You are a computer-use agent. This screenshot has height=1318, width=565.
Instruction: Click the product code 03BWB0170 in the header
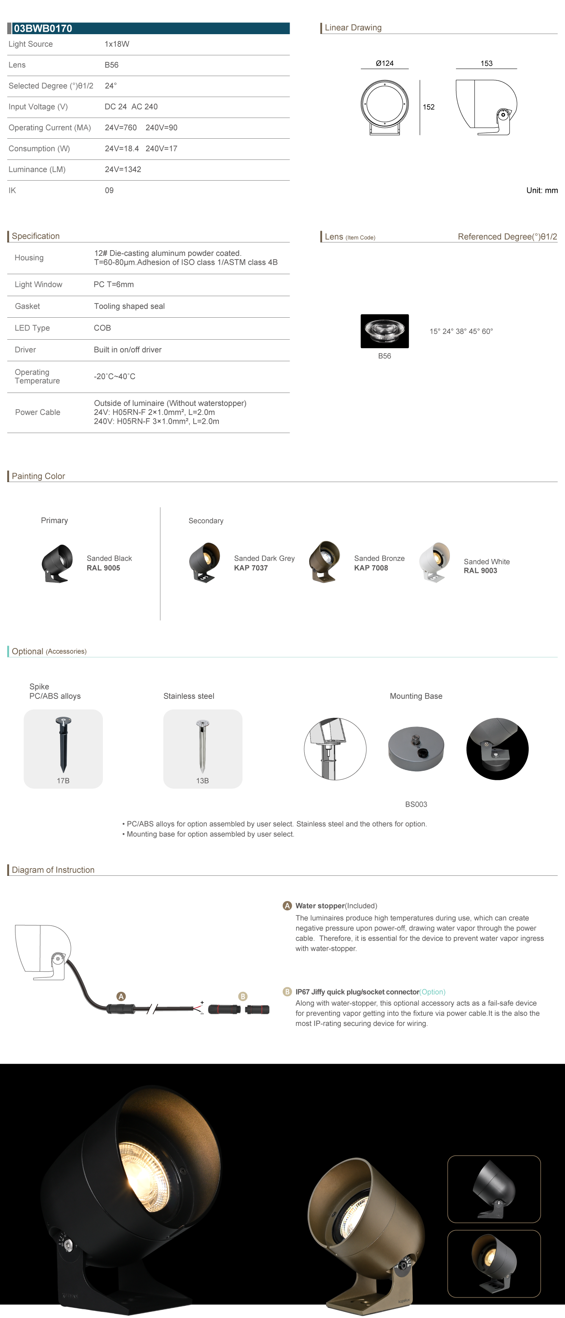(43, 28)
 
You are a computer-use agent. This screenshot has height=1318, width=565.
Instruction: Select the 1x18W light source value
(117, 44)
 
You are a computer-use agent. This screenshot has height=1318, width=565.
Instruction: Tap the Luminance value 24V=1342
(123, 169)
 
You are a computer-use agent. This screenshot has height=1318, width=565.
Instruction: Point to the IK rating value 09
(109, 190)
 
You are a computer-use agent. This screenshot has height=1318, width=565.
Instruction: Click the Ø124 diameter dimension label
(384, 63)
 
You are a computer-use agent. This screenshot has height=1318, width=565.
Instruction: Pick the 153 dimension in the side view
(486, 63)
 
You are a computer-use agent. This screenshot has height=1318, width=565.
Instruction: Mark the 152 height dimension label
(428, 107)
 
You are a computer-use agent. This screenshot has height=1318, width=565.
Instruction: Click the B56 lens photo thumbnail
(384, 331)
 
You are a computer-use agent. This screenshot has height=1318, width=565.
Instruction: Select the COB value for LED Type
(103, 328)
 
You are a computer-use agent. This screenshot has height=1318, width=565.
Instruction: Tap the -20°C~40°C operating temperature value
(115, 377)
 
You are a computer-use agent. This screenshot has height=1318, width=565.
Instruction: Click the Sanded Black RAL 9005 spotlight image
(56, 563)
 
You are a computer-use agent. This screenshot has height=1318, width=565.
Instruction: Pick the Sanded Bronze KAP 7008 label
(379, 563)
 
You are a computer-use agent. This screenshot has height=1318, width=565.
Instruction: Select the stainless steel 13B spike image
(202, 746)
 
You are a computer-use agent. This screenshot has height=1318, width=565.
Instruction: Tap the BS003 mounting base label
(416, 804)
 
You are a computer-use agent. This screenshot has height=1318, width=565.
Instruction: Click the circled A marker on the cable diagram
(121, 996)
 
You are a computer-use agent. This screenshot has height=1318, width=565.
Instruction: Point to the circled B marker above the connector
(242, 996)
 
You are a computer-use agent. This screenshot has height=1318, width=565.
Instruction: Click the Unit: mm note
(541, 190)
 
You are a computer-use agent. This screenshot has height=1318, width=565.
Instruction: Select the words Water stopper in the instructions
(320, 906)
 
